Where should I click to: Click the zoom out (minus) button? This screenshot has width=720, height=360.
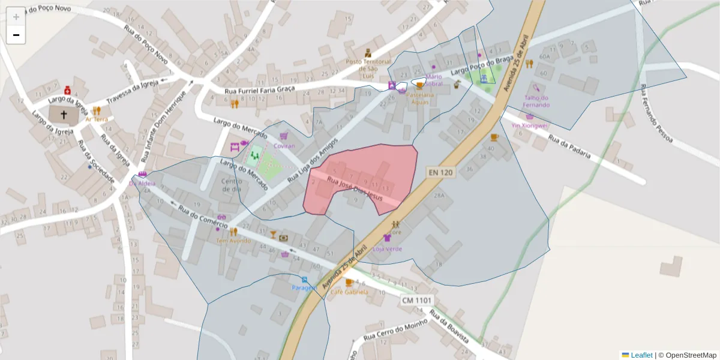pyautogui.click(x=16, y=35)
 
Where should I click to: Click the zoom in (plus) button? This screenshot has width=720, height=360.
pyautogui.click(x=16, y=17)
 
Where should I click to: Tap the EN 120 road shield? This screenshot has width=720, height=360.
pyautogui.click(x=442, y=172)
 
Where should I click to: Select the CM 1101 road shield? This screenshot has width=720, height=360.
pyautogui.click(x=417, y=300)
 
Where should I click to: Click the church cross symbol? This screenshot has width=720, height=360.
pyautogui.click(x=64, y=113)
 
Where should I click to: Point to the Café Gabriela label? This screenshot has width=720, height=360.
pyautogui.click(x=349, y=292)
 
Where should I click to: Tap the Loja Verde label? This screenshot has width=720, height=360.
pyautogui.click(x=387, y=248)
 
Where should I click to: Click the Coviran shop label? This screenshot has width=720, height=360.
pyautogui.click(x=284, y=146)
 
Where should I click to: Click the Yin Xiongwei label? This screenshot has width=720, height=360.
pyautogui.click(x=529, y=125)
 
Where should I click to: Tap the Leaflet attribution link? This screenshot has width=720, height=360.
pyautogui.click(x=641, y=355)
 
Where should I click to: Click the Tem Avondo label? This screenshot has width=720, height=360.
pyautogui.click(x=233, y=241)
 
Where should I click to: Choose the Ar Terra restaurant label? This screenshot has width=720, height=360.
pyautogui.click(x=96, y=119)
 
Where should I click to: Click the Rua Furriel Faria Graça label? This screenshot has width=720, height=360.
pyautogui.click(x=260, y=90)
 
